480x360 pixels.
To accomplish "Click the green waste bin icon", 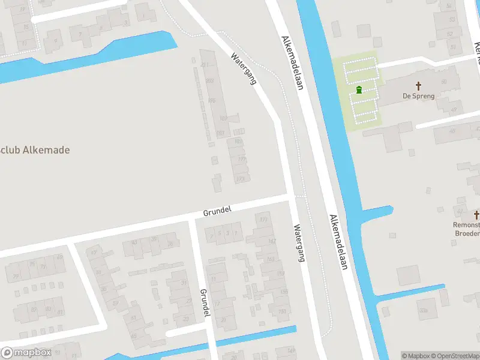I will click(359, 90).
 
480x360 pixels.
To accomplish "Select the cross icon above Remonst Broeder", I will click(476, 214).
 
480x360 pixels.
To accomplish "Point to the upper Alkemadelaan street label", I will click(292, 63).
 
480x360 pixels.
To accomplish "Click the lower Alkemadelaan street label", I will click(338, 242).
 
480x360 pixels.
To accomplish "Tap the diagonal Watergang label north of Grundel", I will click(244, 68).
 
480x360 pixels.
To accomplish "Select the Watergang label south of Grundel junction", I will click(299, 243).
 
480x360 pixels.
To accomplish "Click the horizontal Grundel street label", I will click(217, 211).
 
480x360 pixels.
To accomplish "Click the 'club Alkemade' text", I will click(35, 149).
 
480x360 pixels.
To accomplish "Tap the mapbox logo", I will click(25, 353).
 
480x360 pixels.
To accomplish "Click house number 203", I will click(209, 80).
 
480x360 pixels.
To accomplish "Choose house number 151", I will click(282, 311).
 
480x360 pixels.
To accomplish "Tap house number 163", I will click(271, 259).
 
